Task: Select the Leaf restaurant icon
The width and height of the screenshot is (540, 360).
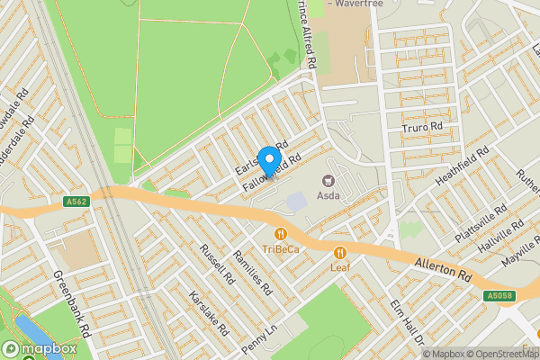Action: (339, 252)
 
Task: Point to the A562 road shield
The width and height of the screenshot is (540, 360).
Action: (76, 202)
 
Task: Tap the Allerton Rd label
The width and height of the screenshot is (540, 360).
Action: (443, 268)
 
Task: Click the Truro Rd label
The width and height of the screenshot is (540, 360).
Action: (423, 129)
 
